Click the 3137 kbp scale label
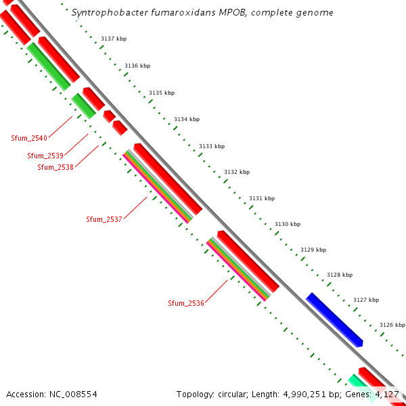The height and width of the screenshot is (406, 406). (x=113, y=39)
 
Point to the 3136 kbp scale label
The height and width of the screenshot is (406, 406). (x=137, y=66)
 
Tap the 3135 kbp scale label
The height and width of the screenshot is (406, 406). (x=162, y=93)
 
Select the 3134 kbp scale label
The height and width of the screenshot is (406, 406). (x=187, y=119)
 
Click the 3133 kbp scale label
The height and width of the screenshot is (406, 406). (x=212, y=146)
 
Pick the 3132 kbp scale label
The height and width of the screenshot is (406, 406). (x=237, y=172)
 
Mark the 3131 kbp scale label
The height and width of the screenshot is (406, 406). (x=262, y=198)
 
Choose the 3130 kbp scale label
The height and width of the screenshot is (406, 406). (x=287, y=224)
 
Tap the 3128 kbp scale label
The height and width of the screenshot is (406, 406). (x=340, y=275)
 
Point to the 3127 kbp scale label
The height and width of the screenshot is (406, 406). (x=366, y=300)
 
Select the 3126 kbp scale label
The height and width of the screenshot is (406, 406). (x=392, y=325)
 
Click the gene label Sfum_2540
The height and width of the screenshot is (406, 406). (x=29, y=138)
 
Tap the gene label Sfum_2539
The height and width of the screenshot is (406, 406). (x=45, y=156)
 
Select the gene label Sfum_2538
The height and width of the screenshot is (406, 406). (x=55, y=167)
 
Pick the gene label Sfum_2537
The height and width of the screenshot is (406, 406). (x=104, y=219)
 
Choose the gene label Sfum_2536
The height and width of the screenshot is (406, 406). (x=186, y=303)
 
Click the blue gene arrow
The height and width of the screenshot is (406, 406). (x=335, y=320)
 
